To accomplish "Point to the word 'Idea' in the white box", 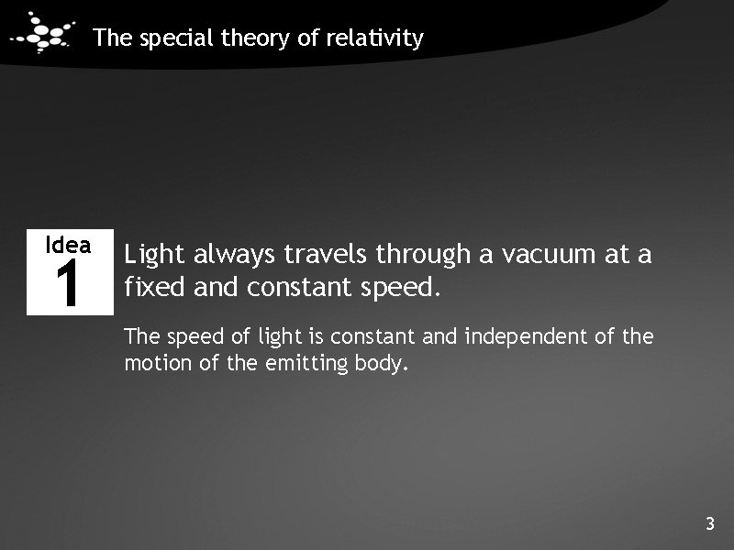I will click(69, 245).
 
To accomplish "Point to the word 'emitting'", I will click(303, 364).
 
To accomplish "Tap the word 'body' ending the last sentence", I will click(378, 365).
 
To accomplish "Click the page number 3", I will click(709, 524).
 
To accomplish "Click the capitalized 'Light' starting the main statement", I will click(155, 254).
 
